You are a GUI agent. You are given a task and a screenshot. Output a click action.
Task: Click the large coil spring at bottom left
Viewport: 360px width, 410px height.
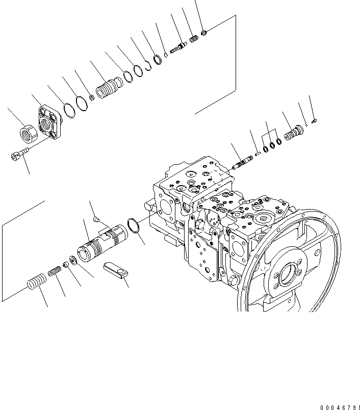point(36,282)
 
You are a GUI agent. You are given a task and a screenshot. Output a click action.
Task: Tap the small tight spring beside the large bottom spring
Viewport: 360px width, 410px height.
point(55,273)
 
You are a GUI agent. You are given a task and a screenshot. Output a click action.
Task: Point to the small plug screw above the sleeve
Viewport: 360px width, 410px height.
point(95,220)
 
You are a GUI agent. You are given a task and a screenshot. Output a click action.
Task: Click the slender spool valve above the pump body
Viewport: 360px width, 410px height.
point(240,163)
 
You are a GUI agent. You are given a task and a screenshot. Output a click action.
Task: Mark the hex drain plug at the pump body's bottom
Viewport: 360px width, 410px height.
point(234,281)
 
